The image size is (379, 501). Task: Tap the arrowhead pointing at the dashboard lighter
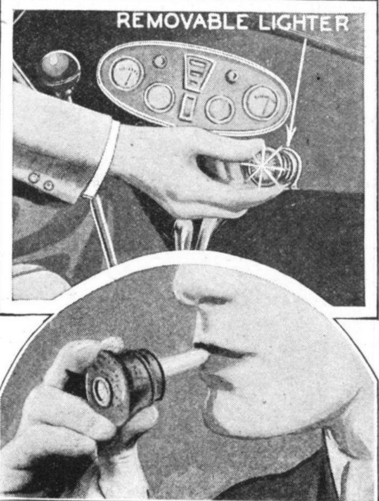click(x=290, y=138)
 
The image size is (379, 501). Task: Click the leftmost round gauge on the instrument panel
click(x=127, y=72)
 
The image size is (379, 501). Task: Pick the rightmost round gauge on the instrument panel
click(x=262, y=101)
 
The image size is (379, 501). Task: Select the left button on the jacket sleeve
click(x=34, y=177)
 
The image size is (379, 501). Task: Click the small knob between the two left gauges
click(x=159, y=61)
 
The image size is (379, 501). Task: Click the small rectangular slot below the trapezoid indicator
click(x=189, y=107)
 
